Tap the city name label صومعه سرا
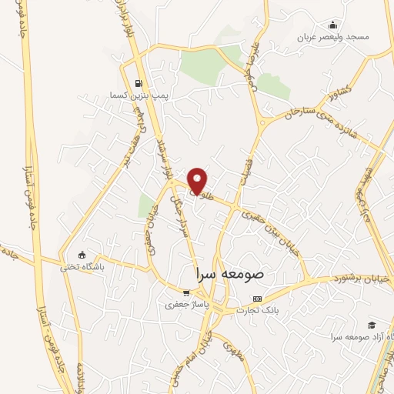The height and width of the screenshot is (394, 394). click(x=230, y=273)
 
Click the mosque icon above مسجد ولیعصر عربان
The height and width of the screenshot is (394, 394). click(x=332, y=25)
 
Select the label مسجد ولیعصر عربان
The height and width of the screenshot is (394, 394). click(x=336, y=36)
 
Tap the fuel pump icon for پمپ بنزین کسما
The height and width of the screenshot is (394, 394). click(x=139, y=84)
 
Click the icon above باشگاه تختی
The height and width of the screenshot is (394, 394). click(x=82, y=255)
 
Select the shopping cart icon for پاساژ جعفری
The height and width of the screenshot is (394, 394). click(x=185, y=292)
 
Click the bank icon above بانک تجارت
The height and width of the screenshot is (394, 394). click(x=257, y=299)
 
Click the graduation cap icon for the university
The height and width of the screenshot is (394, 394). click(x=372, y=326)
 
